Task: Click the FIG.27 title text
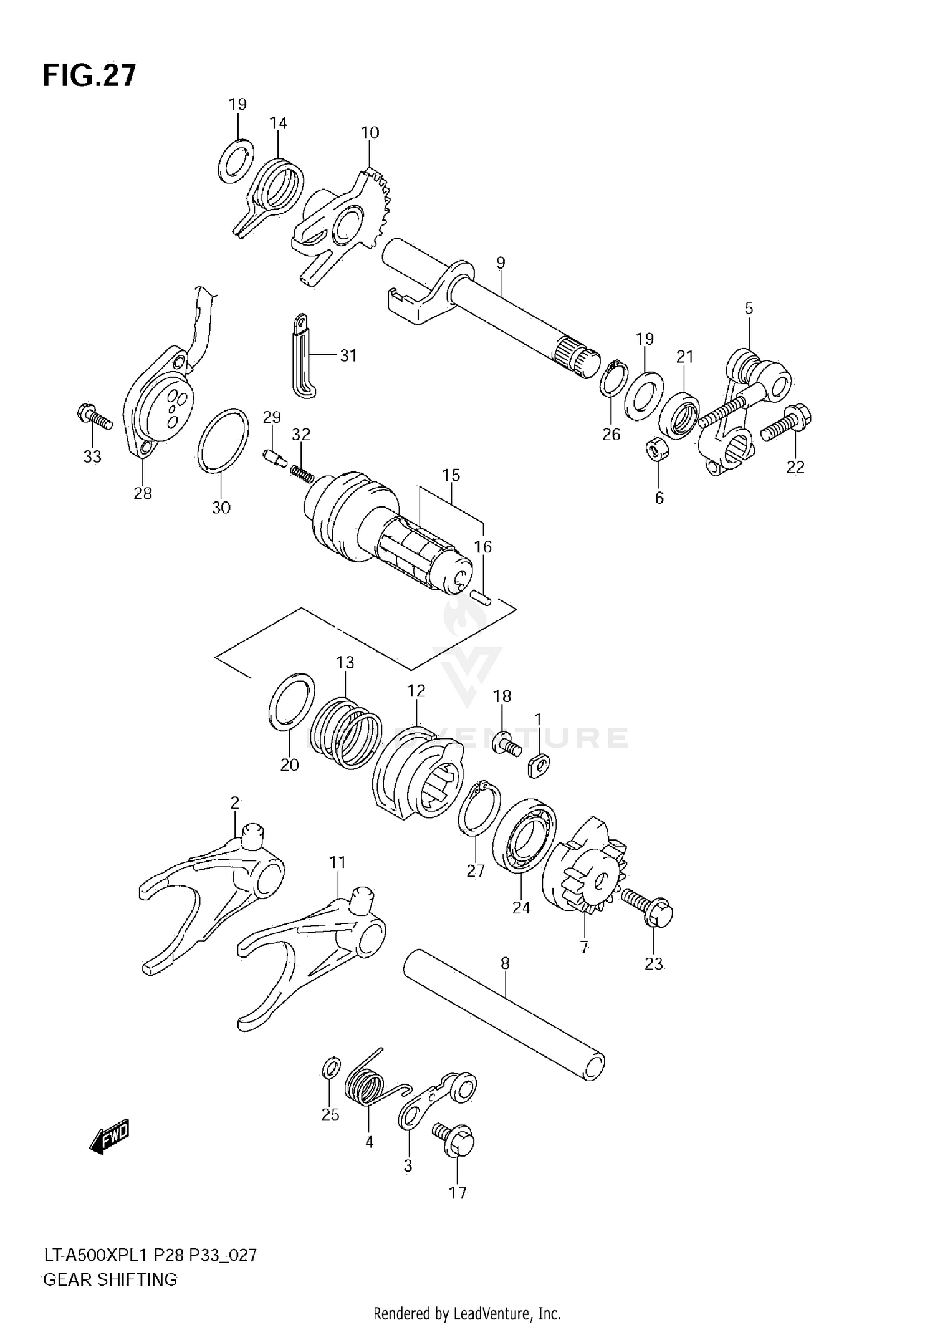[89, 75]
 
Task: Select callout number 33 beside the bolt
[92, 456]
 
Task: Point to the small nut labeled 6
[656, 448]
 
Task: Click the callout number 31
[348, 355]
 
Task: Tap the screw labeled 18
[505, 744]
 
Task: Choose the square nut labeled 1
[539, 765]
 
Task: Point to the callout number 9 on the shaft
[501, 263]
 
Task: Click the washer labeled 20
[290, 701]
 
